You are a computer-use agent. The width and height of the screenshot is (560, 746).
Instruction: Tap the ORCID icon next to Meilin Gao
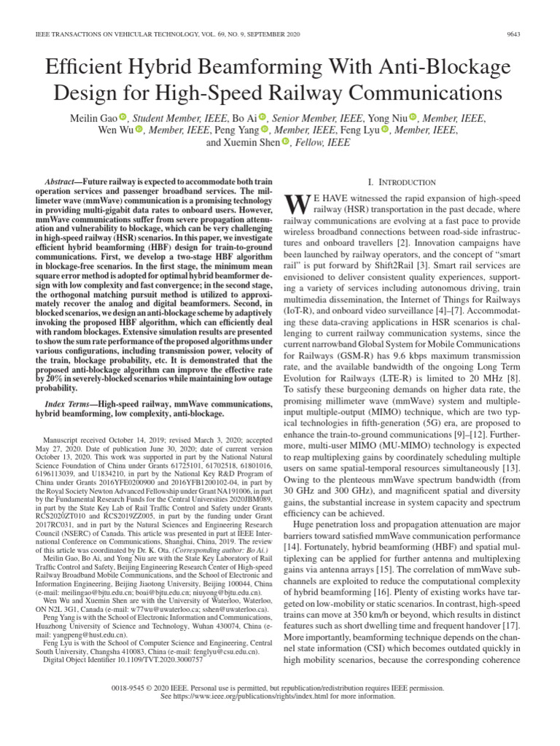(x=123, y=117)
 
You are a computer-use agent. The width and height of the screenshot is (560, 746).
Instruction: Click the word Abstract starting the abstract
(x=62, y=180)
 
